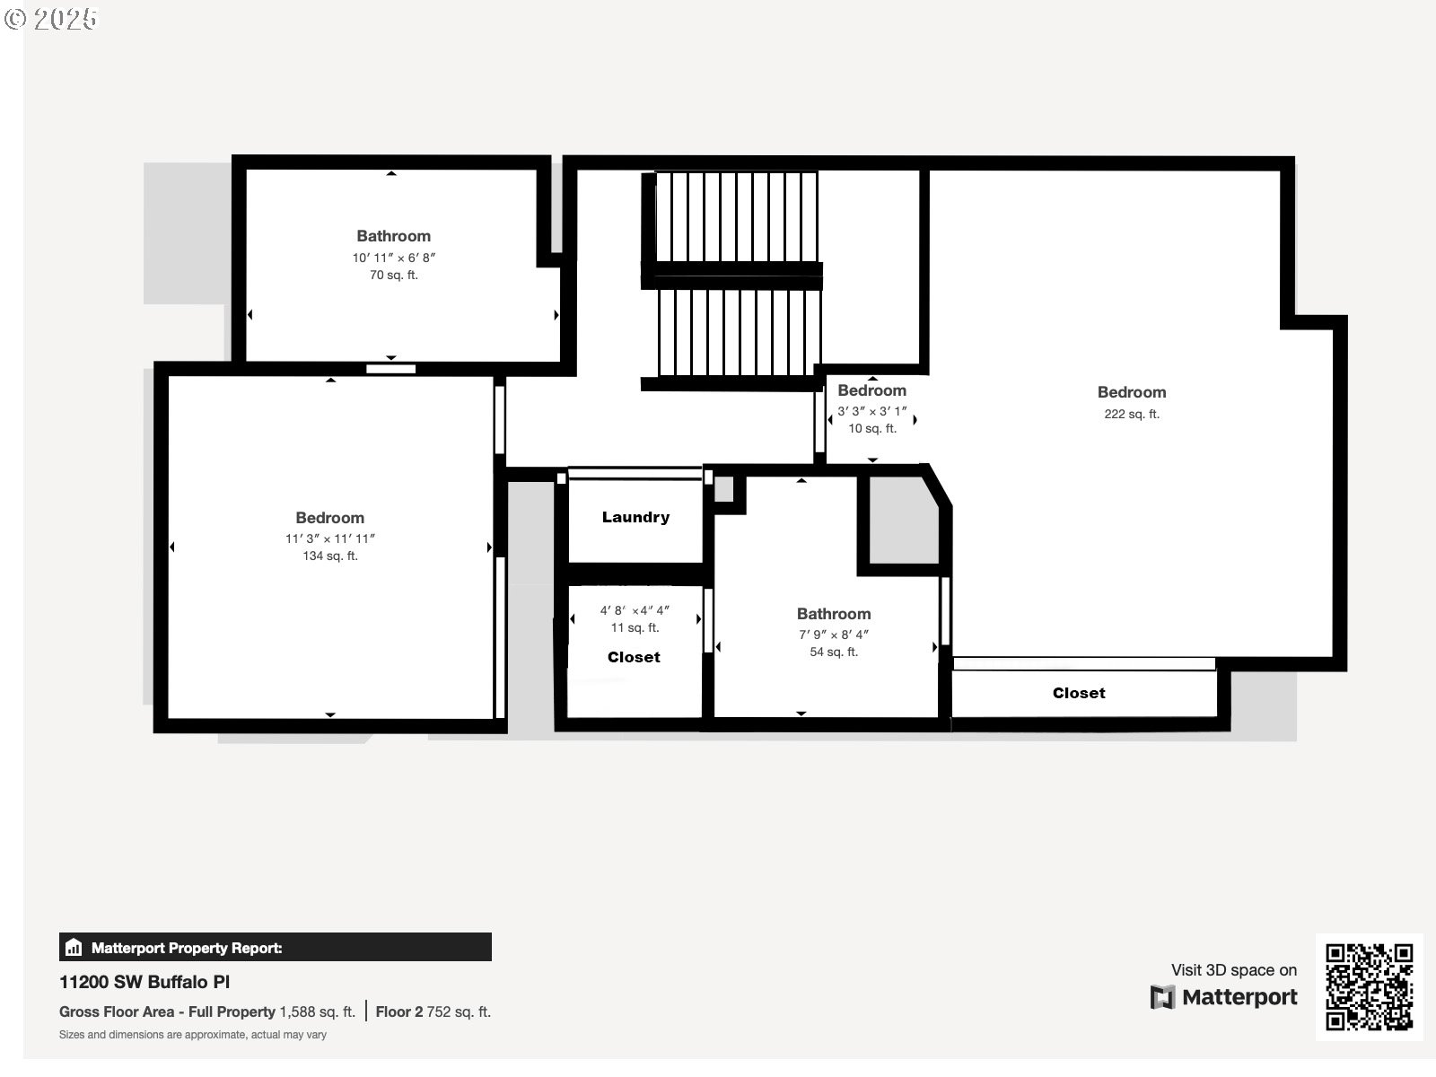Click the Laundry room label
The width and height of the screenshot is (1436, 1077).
[x=635, y=517]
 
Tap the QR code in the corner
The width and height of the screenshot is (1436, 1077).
[x=1370, y=986]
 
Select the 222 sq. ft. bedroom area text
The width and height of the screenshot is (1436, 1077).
[x=1132, y=414]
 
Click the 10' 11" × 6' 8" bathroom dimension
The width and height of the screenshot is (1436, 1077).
[x=393, y=258]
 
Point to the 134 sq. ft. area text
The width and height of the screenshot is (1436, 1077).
[x=330, y=556]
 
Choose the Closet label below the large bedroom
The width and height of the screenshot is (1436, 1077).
[x=1079, y=693]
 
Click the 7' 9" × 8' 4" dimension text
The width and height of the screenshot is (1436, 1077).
[x=834, y=635]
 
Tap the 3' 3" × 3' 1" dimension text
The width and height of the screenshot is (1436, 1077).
[x=871, y=411]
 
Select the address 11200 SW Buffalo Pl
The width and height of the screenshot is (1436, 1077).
[x=144, y=982]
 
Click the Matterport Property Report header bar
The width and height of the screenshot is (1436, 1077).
[x=275, y=948]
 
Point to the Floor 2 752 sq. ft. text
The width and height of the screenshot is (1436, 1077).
[x=433, y=1011]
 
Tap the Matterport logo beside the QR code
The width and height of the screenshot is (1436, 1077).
[x=1224, y=997]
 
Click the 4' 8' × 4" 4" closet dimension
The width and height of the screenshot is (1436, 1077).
[x=635, y=610]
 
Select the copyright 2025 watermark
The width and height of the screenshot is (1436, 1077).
[x=50, y=19]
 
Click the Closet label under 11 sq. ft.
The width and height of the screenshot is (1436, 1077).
[x=634, y=657]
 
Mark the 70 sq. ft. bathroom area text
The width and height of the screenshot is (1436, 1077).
[x=393, y=276]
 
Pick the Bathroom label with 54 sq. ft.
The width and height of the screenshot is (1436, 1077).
[x=834, y=614]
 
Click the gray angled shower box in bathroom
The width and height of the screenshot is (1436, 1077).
[x=902, y=521]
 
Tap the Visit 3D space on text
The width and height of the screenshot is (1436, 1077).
[x=1233, y=969]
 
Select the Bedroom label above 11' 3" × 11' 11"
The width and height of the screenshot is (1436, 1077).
[x=330, y=518]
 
